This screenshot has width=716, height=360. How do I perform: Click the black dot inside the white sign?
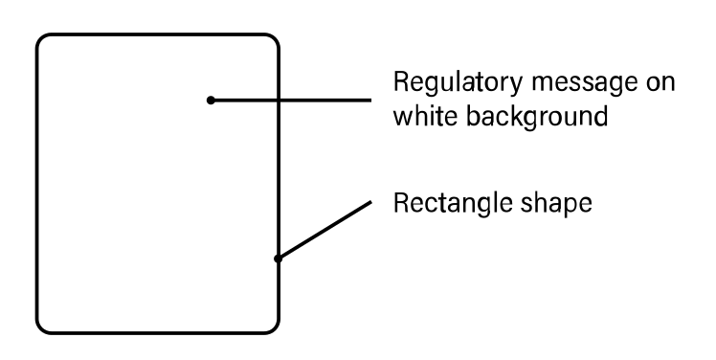tap(211, 100)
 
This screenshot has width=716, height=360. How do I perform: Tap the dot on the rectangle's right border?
tap(277, 258)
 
